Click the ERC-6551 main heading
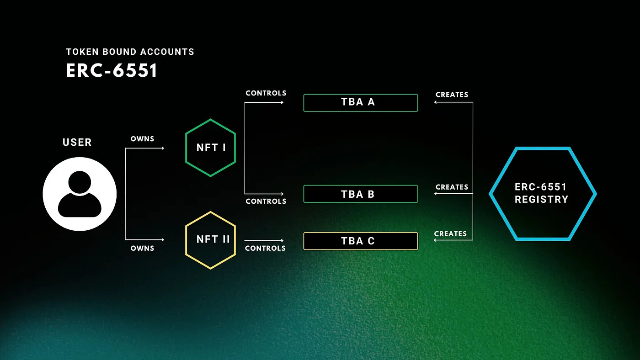[x=112, y=71]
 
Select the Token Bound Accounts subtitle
[x=130, y=52]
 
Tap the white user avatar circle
[x=80, y=194]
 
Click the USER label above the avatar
[x=77, y=142]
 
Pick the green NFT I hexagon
[x=210, y=148]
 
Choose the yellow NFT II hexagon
[x=210, y=239]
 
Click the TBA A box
[x=360, y=102]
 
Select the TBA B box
[x=360, y=194]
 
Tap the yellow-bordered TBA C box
[x=360, y=241]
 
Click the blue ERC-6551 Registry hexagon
[x=542, y=194]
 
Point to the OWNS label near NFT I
[x=142, y=138]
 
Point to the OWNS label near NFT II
[x=142, y=248]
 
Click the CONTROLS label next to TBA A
[x=266, y=93]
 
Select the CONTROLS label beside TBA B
[x=266, y=201]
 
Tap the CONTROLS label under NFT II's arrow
[x=265, y=248]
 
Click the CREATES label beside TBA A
[x=452, y=95]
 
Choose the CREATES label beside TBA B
[x=452, y=187]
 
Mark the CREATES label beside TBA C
[x=450, y=233]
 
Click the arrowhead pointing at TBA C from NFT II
[x=282, y=240]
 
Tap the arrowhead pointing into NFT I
[x=162, y=148]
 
